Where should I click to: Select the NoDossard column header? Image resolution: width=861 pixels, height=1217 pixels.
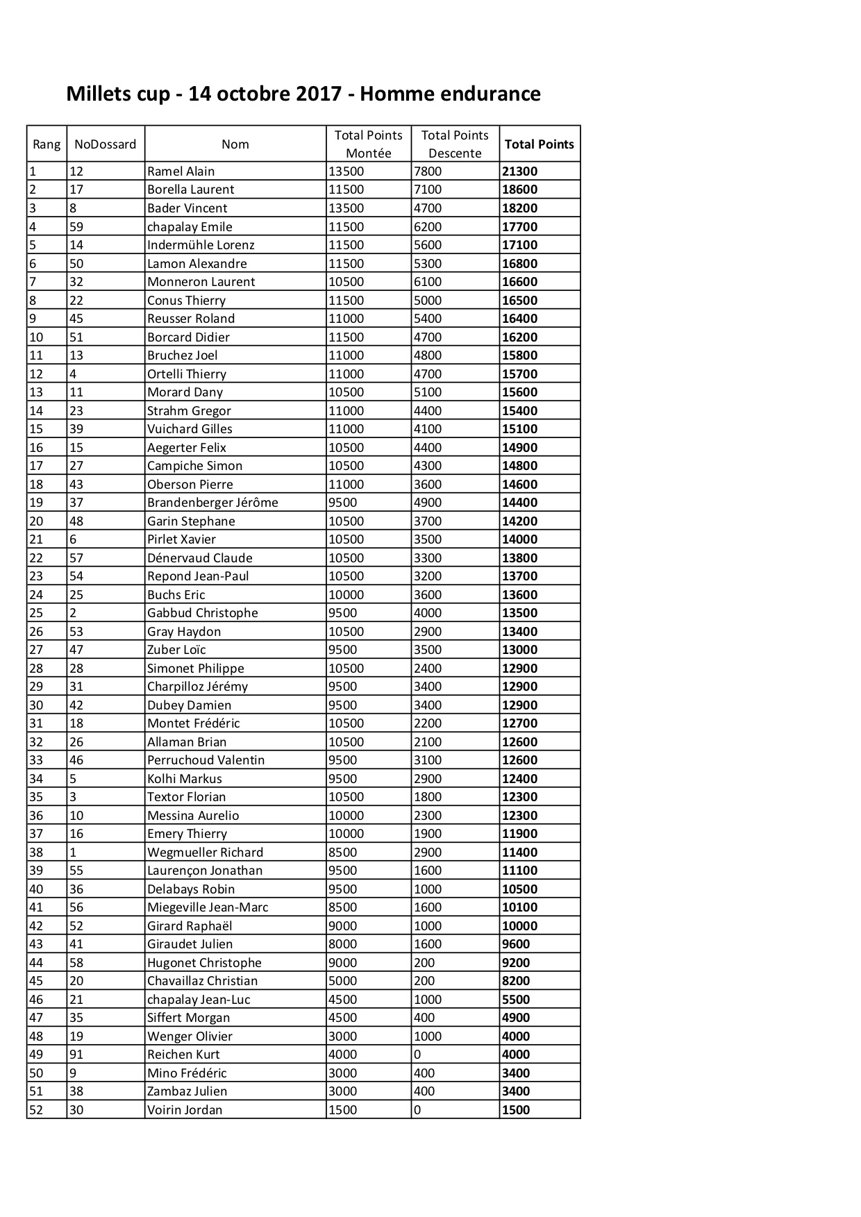(x=106, y=144)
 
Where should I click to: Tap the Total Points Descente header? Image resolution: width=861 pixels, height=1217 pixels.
(x=455, y=144)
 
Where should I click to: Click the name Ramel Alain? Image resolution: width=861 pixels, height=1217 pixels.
(x=181, y=171)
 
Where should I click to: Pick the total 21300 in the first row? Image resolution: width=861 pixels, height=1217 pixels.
(x=519, y=171)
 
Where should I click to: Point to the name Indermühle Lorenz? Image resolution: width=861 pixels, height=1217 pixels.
(x=201, y=245)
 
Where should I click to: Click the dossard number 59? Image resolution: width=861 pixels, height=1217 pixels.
(x=76, y=227)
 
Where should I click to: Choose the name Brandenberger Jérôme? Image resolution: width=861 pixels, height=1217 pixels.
(x=212, y=503)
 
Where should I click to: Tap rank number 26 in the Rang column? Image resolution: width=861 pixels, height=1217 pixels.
(x=36, y=632)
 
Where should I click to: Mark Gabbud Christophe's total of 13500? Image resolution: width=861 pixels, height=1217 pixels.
(x=519, y=613)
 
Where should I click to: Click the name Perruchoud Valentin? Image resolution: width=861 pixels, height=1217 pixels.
(x=206, y=760)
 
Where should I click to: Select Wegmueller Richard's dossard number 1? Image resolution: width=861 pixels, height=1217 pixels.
(x=73, y=853)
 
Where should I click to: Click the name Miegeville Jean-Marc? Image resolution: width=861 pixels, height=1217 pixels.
(x=208, y=907)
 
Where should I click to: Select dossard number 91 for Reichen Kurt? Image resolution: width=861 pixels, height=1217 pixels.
(x=76, y=1055)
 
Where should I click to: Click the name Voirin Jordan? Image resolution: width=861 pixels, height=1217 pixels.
(x=185, y=1110)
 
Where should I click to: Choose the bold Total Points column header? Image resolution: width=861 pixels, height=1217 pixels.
(x=539, y=144)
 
